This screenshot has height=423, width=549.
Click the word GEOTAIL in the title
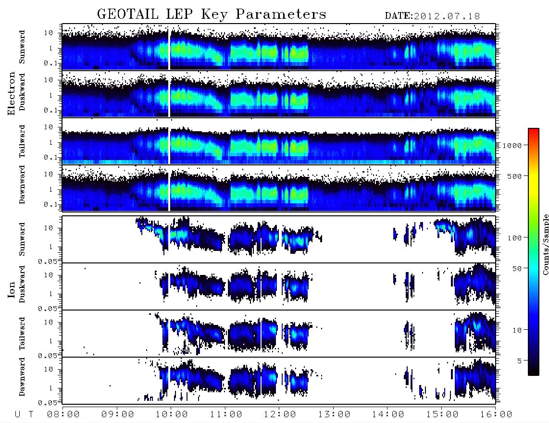128,14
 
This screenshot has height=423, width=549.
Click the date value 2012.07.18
447,16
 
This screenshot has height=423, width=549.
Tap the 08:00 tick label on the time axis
63,415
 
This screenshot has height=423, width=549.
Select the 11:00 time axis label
226,415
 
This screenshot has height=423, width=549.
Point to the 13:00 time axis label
334,415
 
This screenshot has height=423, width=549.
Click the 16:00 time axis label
496,415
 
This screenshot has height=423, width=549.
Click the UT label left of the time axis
24,415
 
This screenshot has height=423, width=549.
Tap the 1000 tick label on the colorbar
512,146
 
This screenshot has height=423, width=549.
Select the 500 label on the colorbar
514,176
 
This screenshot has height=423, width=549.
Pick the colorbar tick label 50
517,269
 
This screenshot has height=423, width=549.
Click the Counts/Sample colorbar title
545,244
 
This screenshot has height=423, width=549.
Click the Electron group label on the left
11,93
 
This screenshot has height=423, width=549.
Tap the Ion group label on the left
11,289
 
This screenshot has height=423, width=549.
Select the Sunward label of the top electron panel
22,47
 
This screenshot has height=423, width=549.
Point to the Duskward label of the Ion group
22,284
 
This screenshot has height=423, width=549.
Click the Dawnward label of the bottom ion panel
22,377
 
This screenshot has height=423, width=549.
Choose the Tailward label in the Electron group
22,141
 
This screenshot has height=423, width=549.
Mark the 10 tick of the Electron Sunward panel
49,33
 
